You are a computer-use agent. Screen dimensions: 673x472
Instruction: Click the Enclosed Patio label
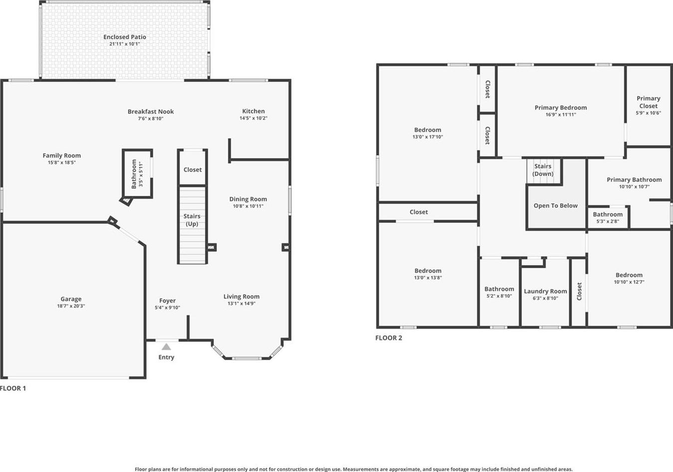pyautogui.click(x=125, y=37)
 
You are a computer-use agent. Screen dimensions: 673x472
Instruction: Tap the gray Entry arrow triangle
pyautogui.click(x=166, y=347)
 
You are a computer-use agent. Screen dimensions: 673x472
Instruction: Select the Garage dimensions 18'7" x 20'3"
pyautogui.click(x=71, y=306)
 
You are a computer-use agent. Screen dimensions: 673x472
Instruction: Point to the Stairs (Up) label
pyautogui.click(x=192, y=220)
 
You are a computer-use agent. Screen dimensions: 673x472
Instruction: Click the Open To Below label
pyautogui.click(x=556, y=206)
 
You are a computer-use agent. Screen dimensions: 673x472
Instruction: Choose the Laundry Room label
pyautogui.click(x=545, y=291)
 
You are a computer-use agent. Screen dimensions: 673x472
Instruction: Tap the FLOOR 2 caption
pyautogui.click(x=389, y=338)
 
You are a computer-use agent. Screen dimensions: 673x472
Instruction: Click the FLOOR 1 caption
pyautogui.click(x=13, y=388)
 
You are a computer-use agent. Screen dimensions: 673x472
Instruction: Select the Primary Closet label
pyautogui.click(x=649, y=102)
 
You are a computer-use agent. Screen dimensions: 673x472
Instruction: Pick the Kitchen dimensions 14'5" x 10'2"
pyautogui.click(x=253, y=118)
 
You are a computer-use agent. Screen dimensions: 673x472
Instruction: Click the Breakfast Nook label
pyautogui.click(x=151, y=111)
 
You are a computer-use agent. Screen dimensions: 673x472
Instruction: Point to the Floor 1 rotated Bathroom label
pyautogui.click(x=134, y=174)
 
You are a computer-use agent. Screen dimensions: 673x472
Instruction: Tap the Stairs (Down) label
pyautogui.click(x=543, y=170)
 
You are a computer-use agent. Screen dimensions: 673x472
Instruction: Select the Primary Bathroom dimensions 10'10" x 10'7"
pyautogui.click(x=634, y=186)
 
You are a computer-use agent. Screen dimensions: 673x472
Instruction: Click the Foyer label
pyautogui.click(x=167, y=301)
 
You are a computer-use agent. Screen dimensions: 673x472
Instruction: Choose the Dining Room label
pyautogui.click(x=248, y=199)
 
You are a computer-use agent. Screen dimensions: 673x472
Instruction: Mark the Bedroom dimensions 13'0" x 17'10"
pyautogui.click(x=428, y=137)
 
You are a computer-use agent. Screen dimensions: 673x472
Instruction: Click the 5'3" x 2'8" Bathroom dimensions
pyautogui.click(x=608, y=222)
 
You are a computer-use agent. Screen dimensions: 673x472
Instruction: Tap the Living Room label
pyautogui.click(x=241, y=297)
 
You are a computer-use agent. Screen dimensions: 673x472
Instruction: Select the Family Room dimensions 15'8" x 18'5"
pyautogui.click(x=61, y=162)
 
